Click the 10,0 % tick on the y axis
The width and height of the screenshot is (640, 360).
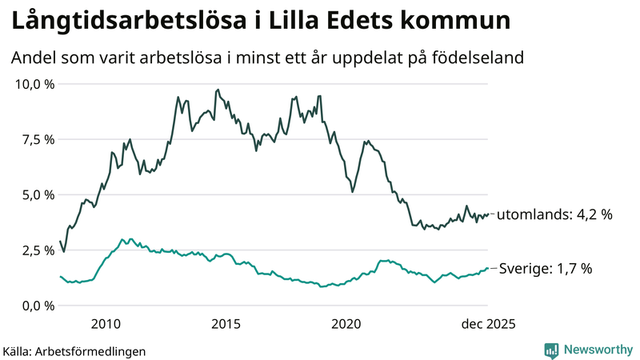click(x=32, y=84)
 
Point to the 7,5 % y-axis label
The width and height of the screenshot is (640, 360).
click(x=35, y=139)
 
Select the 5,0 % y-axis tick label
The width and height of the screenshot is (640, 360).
click(x=35, y=194)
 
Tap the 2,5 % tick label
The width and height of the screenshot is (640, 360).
click(x=35, y=250)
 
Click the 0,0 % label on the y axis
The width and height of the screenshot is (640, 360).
click(x=35, y=306)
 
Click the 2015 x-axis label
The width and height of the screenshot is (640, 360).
click(x=226, y=324)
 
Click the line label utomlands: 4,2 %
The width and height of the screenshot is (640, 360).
click(x=555, y=214)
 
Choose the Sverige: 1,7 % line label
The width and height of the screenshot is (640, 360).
click(x=546, y=269)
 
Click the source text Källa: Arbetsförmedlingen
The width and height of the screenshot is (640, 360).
click(x=74, y=351)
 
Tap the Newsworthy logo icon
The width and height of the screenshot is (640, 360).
click(x=551, y=350)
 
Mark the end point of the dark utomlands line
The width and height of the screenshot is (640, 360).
click(x=488, y=214)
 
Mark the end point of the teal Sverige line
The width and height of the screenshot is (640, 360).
click(x=488, y=268)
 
